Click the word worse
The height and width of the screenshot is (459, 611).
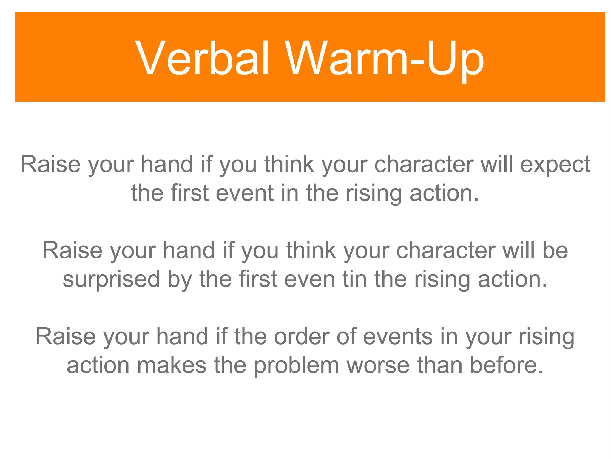[x=378, y=365]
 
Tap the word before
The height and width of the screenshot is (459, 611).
[x=506, y=365]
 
